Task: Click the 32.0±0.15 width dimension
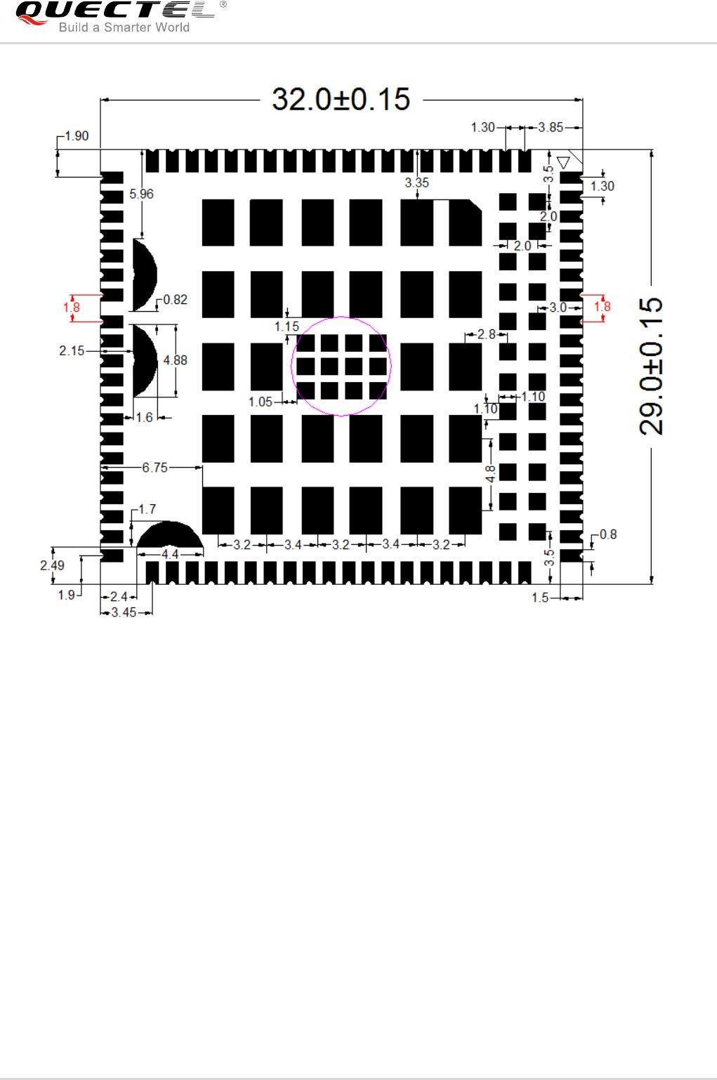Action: tap(341, 100)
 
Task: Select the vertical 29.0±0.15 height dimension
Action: tap(651, 366)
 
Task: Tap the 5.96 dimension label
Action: tap(141, 194)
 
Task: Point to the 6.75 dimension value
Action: tap(154, 468)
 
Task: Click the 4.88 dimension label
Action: tap(175, 360)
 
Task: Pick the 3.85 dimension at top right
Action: tap(551, 127)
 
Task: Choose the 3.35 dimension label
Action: tap(416, 183)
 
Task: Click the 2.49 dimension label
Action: tap(52, 565)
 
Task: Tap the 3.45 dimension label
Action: tap(124, 612)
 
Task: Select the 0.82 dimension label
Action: tap(175, 300)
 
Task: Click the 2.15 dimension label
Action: tap(72, 350)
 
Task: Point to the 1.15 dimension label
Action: tap(287, 327)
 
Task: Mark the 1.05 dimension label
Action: tap(261, 402)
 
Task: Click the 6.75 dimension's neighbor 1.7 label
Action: tap(147, 509)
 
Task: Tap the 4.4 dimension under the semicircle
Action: tap(170, 554)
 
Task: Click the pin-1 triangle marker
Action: tap(563, 163)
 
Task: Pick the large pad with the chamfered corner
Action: tap(465, 223)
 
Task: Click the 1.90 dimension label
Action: tap(77, 136)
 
